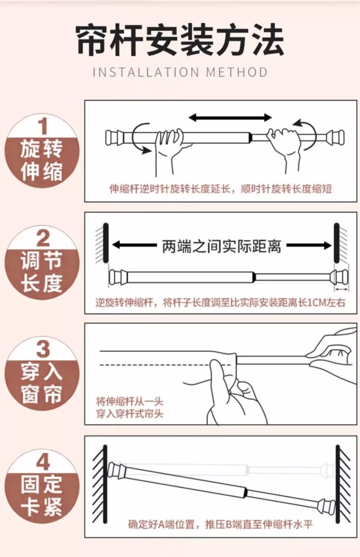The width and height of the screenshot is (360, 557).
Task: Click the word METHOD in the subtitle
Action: coord(237,72)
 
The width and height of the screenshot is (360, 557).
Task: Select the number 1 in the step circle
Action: coord(43,126)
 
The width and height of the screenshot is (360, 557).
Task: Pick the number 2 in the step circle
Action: coord(43,238)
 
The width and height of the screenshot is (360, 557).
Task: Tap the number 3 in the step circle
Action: coord(43,349)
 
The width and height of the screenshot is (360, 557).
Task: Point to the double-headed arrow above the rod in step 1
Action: coord(230,117)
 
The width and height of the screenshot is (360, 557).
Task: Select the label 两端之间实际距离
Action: coord(221,246)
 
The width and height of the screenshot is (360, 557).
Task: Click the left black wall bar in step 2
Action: coord(106,243)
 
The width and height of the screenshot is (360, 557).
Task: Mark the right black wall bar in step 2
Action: coord(337,243)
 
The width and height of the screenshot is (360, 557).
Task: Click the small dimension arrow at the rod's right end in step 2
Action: coord(341,289)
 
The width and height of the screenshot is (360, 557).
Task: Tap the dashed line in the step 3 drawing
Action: coord(165,365)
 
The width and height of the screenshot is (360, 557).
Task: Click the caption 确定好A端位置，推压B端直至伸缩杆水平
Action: coord(220,525)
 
